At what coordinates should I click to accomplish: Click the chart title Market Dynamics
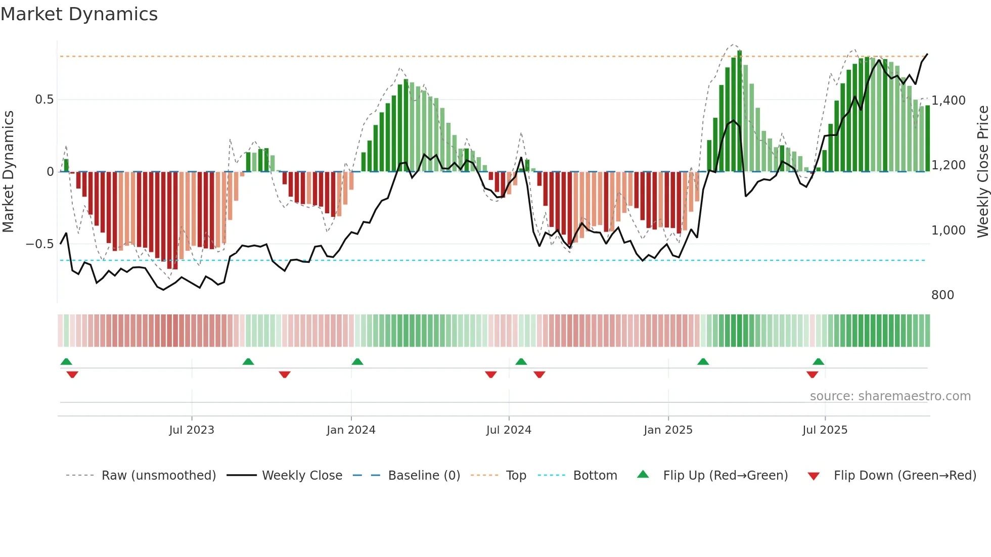[x=79, y=14]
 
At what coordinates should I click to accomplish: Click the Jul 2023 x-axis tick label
[x=192, y=430]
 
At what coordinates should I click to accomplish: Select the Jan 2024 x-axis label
[x=351, y=430]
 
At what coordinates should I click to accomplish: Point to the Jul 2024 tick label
[x=509, y=430]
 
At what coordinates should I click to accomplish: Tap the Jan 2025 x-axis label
[x=668, y=430]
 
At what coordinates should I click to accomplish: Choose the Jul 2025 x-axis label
[x=825, y=430]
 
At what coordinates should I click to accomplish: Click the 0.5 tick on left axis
[x=44, y=100]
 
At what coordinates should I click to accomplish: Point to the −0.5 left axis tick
[x=40, y=244]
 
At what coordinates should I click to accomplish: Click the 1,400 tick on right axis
[x=949, y=101]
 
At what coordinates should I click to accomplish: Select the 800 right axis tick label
[x=942, y=295]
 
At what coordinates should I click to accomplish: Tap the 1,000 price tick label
[x=949, y=230]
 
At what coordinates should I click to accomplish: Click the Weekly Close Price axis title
[x=982, y=172]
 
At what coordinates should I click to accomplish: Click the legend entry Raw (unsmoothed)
[x=158, y=476]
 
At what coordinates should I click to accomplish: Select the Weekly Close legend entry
[x=302, y=476]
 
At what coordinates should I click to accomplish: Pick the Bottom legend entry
[x=595, y=476]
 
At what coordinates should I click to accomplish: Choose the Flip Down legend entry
[x=905, y=476]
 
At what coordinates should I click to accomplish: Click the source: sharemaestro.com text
[x=890, y=396]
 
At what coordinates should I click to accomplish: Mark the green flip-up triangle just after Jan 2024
[x=357, y=362]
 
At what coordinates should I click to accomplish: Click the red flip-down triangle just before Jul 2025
[x=813, y=375]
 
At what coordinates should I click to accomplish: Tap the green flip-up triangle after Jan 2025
[x=703, y=362]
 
